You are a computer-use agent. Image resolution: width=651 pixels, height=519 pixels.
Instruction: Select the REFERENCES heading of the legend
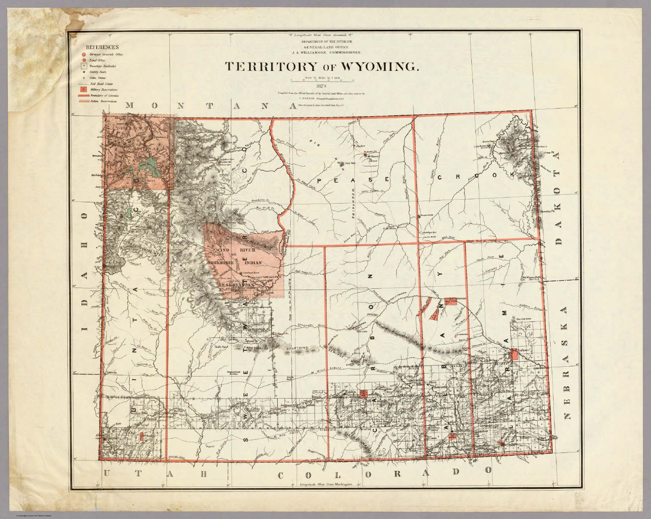[102, 47]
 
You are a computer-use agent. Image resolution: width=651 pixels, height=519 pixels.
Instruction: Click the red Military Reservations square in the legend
[84, 89]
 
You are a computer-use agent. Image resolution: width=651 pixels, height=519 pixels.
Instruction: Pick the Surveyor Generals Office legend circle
[84, 55]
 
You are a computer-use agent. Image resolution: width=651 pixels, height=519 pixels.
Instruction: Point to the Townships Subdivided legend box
[84, 66]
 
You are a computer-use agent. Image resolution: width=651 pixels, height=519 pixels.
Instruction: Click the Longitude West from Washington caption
[325, 484]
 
